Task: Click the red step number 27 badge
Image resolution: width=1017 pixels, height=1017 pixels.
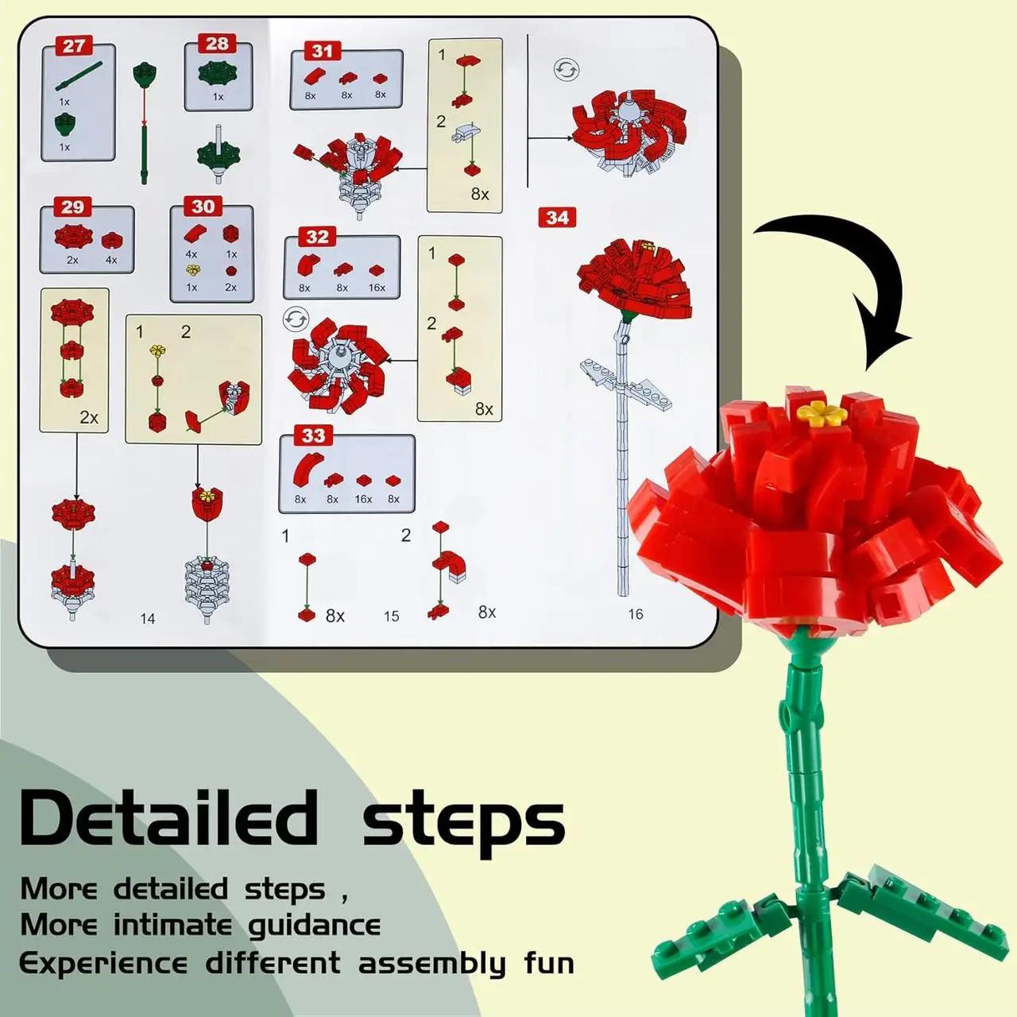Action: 73,46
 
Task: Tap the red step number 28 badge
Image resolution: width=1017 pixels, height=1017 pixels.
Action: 216,43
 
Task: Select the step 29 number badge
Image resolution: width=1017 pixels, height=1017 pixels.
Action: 72,207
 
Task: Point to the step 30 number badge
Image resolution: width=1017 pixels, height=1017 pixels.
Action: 203,207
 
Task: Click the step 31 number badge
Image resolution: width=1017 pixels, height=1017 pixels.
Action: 323,51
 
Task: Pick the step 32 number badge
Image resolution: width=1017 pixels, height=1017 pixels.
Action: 317,237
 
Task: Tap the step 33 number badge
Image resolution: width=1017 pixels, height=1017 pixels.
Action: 314,435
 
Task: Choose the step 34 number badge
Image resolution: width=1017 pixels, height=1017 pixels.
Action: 557,218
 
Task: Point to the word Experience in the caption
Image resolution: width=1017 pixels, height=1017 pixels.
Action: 103,964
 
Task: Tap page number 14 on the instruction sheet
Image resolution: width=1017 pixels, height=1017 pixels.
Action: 148,618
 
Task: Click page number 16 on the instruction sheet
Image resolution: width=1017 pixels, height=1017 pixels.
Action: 636,614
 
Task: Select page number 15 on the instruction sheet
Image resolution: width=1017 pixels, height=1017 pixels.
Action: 391,616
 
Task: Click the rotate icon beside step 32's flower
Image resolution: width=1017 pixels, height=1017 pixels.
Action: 296,319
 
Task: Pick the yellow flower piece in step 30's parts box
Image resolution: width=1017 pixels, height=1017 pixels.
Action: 193,269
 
